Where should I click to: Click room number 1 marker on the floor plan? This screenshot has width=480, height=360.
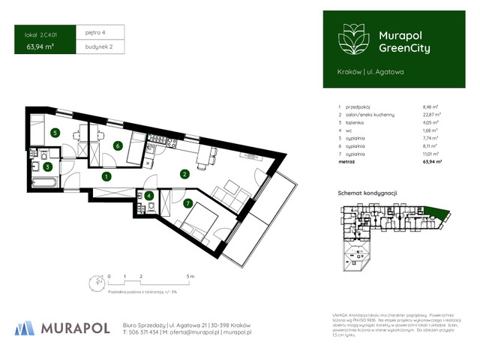pos(106,177)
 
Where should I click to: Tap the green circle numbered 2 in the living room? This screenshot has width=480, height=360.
pos(184,174)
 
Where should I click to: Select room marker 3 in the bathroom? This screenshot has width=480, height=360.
pos(46,167)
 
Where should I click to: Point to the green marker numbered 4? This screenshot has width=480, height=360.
pos(149,196)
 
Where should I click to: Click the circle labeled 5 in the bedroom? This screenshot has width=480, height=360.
pos(55,133)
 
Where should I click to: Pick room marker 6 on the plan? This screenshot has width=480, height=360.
pos(118,145)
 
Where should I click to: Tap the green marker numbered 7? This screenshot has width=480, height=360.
pos(187,203)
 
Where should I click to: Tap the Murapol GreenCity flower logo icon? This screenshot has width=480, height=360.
pos(350,37)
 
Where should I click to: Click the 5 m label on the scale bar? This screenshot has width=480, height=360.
pos(190,277)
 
